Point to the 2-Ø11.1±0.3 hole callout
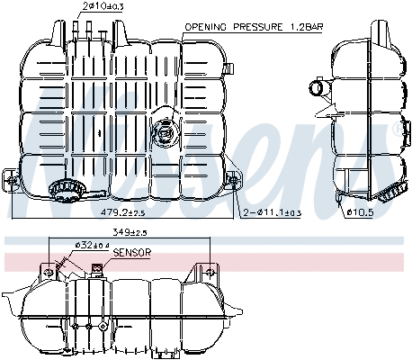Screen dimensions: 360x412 tap(273, 213)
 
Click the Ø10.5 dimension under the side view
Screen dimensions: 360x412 tap(360, 213)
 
